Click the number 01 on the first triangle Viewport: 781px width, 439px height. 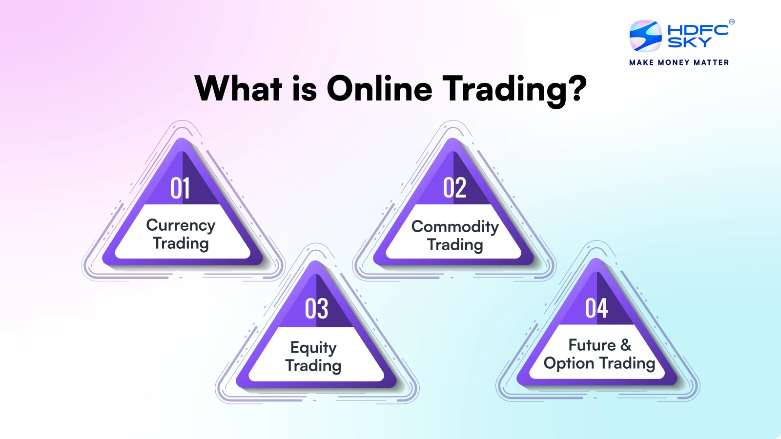point(180,188)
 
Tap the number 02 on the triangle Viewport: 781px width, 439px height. point(454,188)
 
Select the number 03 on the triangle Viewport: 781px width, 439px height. point(316,309)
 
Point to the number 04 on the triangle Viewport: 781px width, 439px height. point(596,308)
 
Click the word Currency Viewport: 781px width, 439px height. point(181,225)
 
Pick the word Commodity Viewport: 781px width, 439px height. point(455,227)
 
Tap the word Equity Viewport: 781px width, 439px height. point(313,348)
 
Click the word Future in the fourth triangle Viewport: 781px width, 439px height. point(592,345)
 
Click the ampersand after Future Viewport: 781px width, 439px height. point(626,345)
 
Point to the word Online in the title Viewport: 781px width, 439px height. point(379,89)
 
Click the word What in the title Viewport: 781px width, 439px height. point(238,89)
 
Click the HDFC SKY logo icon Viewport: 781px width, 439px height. point(645,36)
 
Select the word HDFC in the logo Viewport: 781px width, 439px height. point(698,30)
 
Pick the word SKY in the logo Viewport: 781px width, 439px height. point(689,42)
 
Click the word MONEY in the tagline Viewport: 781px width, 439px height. point(674,62)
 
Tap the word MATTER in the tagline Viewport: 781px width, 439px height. point(711,62)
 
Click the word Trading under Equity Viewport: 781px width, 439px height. point(313,366)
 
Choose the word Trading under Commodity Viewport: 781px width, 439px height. point(455,245)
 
